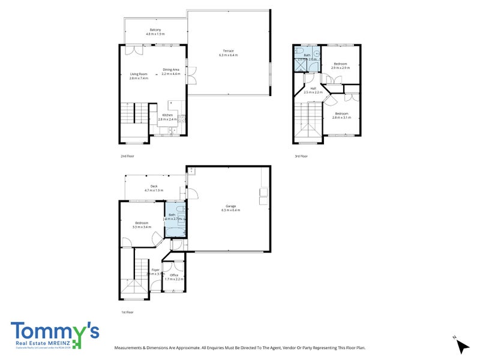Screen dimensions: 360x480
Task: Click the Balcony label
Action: [154, 30]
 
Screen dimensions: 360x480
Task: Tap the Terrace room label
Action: [229, 51]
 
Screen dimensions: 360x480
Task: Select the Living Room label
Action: [139, 74]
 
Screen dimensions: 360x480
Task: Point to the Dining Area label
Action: [171, 70]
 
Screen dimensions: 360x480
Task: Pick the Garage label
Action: [230, 206]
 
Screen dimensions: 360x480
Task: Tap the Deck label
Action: [154, 186]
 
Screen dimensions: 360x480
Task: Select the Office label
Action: [174, 275]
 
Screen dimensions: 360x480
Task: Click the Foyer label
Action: [155, 271]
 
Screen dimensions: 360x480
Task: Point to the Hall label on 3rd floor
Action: [313, 88]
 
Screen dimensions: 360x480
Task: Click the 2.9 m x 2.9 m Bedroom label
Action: [340, 63]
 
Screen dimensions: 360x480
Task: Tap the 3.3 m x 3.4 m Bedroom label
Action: [142, 223]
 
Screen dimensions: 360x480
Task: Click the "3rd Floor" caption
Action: [301, 156]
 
